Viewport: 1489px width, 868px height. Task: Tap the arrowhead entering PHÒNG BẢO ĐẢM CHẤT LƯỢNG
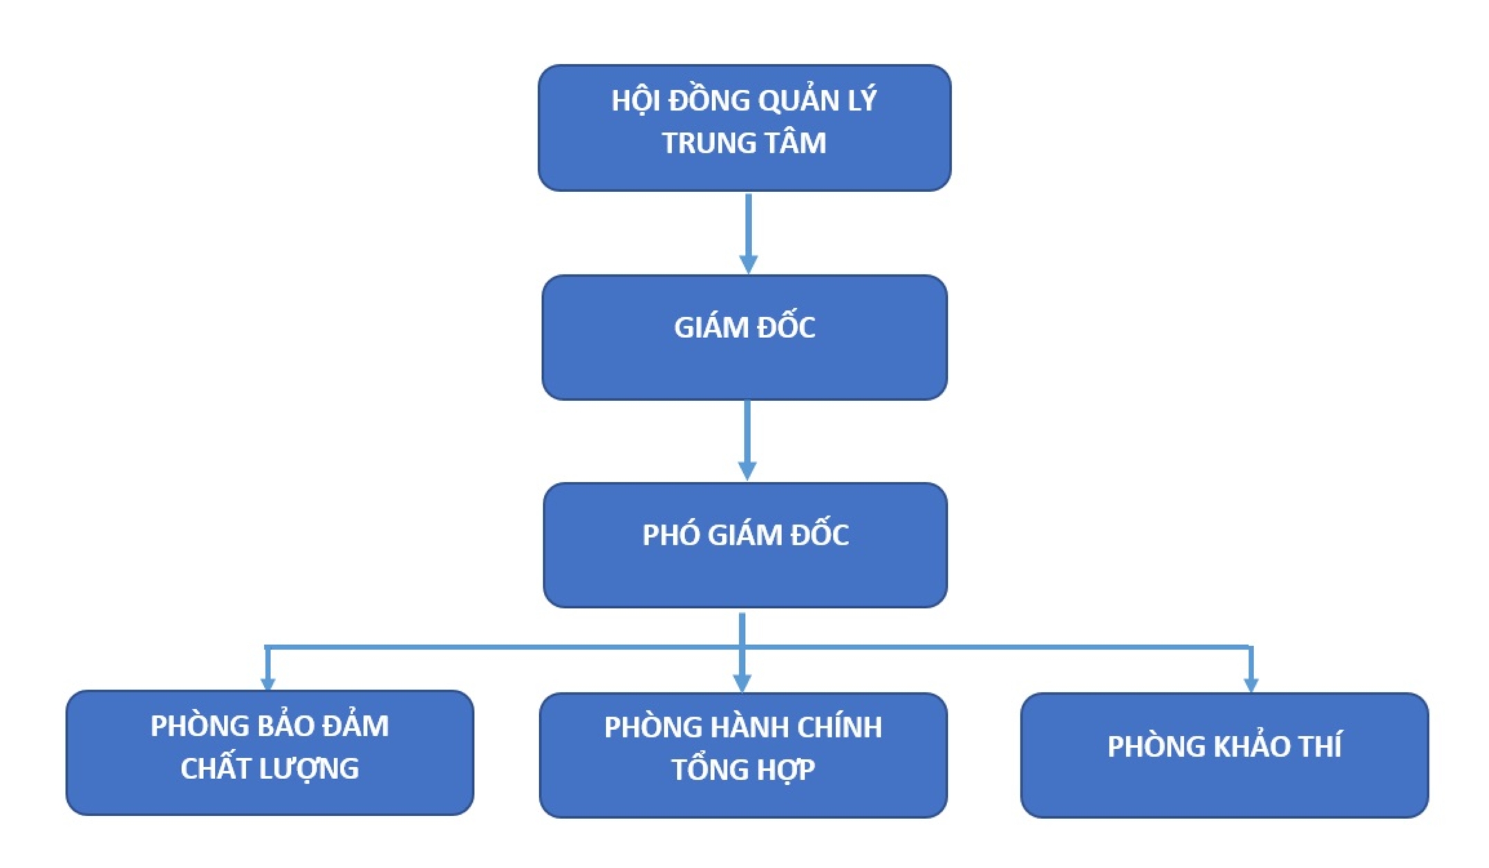point(268,683)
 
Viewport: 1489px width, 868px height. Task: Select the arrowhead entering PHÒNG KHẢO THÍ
point(1251,684)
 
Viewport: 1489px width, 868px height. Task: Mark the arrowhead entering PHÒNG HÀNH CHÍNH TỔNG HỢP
point(742,683)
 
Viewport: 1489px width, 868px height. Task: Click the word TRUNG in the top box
point(701,143)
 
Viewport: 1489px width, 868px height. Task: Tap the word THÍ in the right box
point(1320,746)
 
